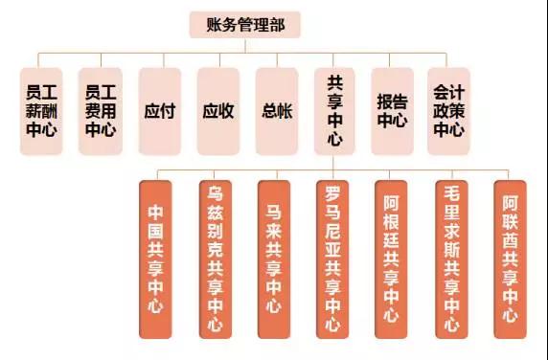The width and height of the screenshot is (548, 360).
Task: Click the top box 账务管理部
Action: click(244, 25)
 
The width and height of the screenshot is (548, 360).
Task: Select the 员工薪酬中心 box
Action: click(41, 111)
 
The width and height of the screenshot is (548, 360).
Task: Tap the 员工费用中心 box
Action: click(101, 111)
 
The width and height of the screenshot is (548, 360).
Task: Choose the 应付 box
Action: click(160, 111)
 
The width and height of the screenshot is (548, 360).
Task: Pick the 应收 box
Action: click(218, 111)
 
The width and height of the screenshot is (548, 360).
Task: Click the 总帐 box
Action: click(277, 111)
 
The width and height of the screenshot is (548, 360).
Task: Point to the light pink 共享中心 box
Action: click(334, 111)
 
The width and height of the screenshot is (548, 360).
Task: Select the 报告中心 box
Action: click(393, 111)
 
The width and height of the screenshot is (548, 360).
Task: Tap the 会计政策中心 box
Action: click(448, 111)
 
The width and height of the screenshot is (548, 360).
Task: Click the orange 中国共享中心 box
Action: click(155, 259)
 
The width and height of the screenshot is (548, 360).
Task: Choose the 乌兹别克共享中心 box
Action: click(216, 259)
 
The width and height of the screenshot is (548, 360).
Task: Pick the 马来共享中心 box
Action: click(274, 259)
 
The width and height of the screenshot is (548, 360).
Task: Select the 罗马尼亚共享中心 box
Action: click(332, 259)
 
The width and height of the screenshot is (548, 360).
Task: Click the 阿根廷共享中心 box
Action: click(391, 259)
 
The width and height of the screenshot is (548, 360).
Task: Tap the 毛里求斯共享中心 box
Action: click(451, 259)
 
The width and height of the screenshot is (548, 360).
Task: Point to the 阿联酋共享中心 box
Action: click(510, 259)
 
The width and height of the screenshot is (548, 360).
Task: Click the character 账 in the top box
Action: click(215, 25)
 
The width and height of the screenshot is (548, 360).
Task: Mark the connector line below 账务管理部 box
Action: click(245, 45)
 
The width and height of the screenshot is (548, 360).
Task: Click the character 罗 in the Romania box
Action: click(332, 193)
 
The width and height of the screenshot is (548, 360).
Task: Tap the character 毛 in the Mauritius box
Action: click(451, 193)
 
